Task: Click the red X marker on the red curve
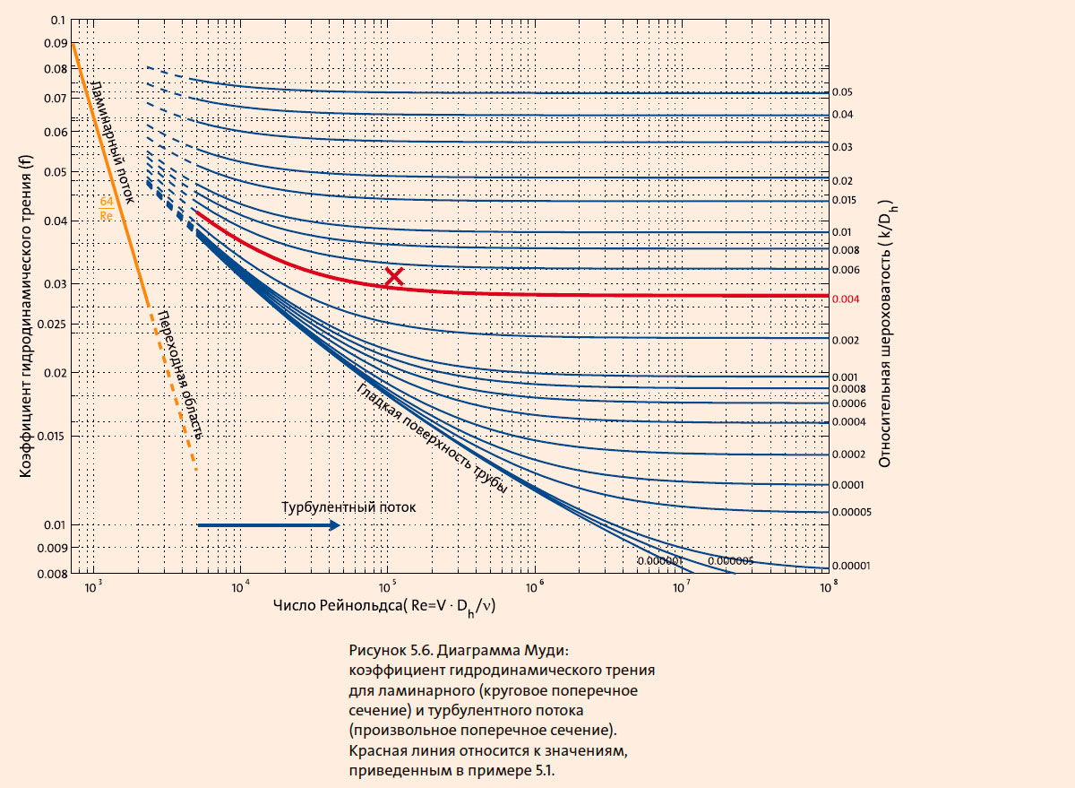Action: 393,277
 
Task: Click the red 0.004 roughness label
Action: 846,299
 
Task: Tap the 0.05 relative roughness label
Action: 841,92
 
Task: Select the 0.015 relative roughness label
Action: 845,200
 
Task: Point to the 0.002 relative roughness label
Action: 846,341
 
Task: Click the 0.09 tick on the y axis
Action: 55,42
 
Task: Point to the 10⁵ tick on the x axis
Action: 387,586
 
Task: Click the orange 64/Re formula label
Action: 106,209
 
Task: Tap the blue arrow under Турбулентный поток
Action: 268,525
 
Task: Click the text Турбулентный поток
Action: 349,507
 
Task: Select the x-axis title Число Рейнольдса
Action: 385,608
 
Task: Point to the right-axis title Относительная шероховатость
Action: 886,333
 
